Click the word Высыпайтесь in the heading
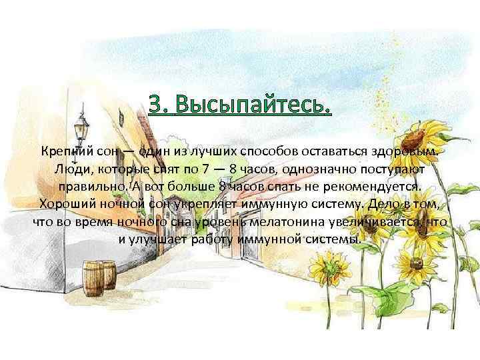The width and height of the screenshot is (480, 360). [252, 105]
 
